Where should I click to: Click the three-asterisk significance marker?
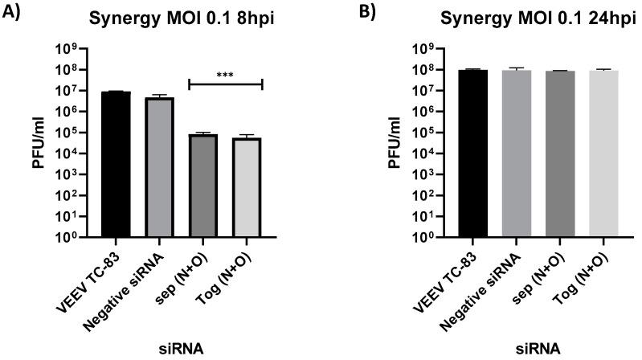[225, 74]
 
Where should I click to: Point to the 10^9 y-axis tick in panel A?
[67, 48]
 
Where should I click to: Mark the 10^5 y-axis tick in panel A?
[67, 133]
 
